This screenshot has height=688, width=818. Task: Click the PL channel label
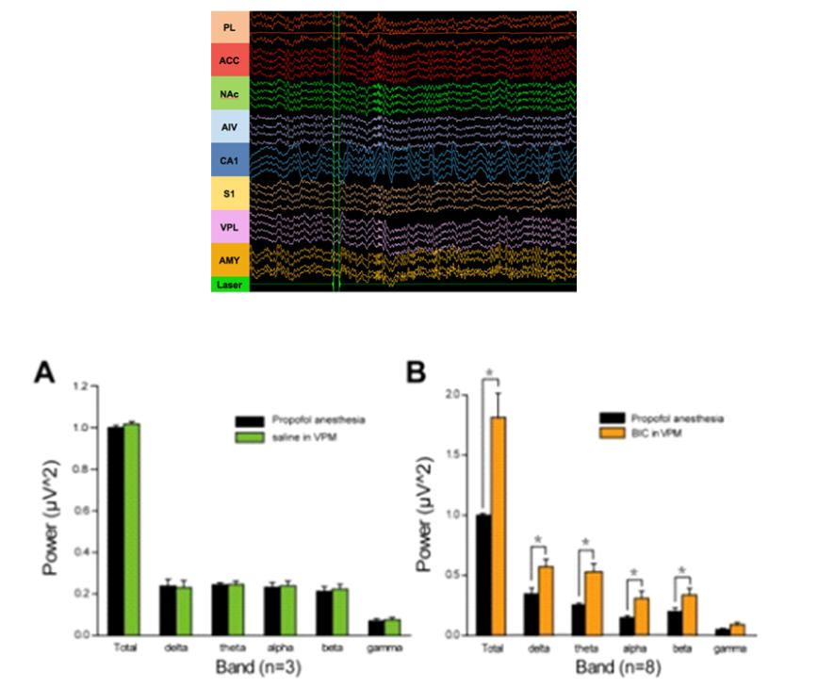tap(230, 28)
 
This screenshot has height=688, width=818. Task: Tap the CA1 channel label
tap(230, 161)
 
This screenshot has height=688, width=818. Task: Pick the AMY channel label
tap(230, 259)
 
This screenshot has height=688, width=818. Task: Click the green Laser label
tap(230, 285)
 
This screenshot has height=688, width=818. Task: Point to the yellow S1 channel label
tap(230, 194)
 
